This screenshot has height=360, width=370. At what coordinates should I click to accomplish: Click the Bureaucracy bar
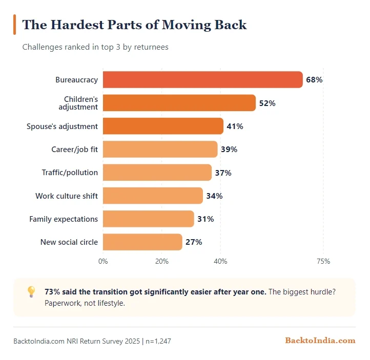click(x=202, y=80)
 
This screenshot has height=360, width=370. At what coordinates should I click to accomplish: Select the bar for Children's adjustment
click(x=179, y=103)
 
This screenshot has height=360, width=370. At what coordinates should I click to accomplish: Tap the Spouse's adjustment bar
click(x=163, y=126)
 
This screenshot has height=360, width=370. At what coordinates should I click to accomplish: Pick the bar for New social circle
click(x=142, y=242)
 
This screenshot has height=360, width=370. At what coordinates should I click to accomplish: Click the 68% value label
click(x=314, y=80)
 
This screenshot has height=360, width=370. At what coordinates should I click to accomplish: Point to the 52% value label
click(x=267, y=103)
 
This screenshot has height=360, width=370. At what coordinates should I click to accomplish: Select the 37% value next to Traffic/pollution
click(x=223, y=173)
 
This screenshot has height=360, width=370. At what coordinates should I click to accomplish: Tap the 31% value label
click(x=205, y=219)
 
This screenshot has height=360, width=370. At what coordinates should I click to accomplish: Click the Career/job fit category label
click(x=74, y=150)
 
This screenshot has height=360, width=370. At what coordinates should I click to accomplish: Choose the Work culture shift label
click(x=67, y=196)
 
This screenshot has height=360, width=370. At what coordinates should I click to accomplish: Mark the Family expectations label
click(x=64, y=219)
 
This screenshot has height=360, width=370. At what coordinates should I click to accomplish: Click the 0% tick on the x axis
click(x=103, y=261)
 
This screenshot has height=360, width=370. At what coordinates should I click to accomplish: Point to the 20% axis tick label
click(x=162, y=261)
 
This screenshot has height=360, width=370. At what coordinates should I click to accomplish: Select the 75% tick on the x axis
click(x=323, y=261)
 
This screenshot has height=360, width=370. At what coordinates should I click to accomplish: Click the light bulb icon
click(x=31, y=292)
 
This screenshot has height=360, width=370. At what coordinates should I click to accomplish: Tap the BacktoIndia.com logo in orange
click(x=320, y=341)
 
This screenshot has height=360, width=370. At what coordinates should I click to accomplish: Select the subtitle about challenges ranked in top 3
click(x=95, y=47)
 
